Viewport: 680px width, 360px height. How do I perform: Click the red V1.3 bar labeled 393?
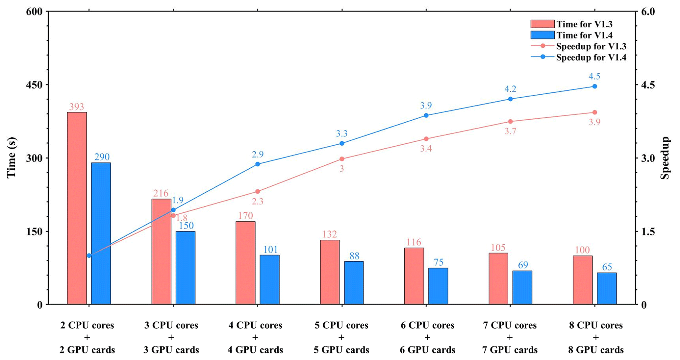coord(77,208)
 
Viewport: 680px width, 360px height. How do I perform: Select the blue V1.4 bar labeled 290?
coord(101,233)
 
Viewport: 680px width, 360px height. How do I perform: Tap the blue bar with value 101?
coord(269,279)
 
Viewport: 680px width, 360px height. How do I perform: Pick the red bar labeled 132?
coord(330,272)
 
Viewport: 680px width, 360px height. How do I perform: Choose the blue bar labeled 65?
coord(607,288)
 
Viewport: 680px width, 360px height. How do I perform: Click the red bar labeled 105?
coord(498,278)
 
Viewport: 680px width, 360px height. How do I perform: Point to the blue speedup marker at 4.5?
coord(594,86)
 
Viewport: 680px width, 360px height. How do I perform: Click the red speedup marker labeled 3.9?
coord(594,112)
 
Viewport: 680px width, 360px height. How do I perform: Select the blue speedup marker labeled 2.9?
coord(258,164)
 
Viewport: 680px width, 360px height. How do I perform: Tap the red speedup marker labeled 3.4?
coord(426,139)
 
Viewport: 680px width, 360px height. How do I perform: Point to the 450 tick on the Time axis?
coord(34,85)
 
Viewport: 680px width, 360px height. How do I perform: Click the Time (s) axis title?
coord(12,158)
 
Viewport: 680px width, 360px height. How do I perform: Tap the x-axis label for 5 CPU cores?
coord(341,337)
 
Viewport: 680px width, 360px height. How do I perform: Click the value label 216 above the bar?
coord(161,193)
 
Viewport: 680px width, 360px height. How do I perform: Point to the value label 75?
coord(439,262)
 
